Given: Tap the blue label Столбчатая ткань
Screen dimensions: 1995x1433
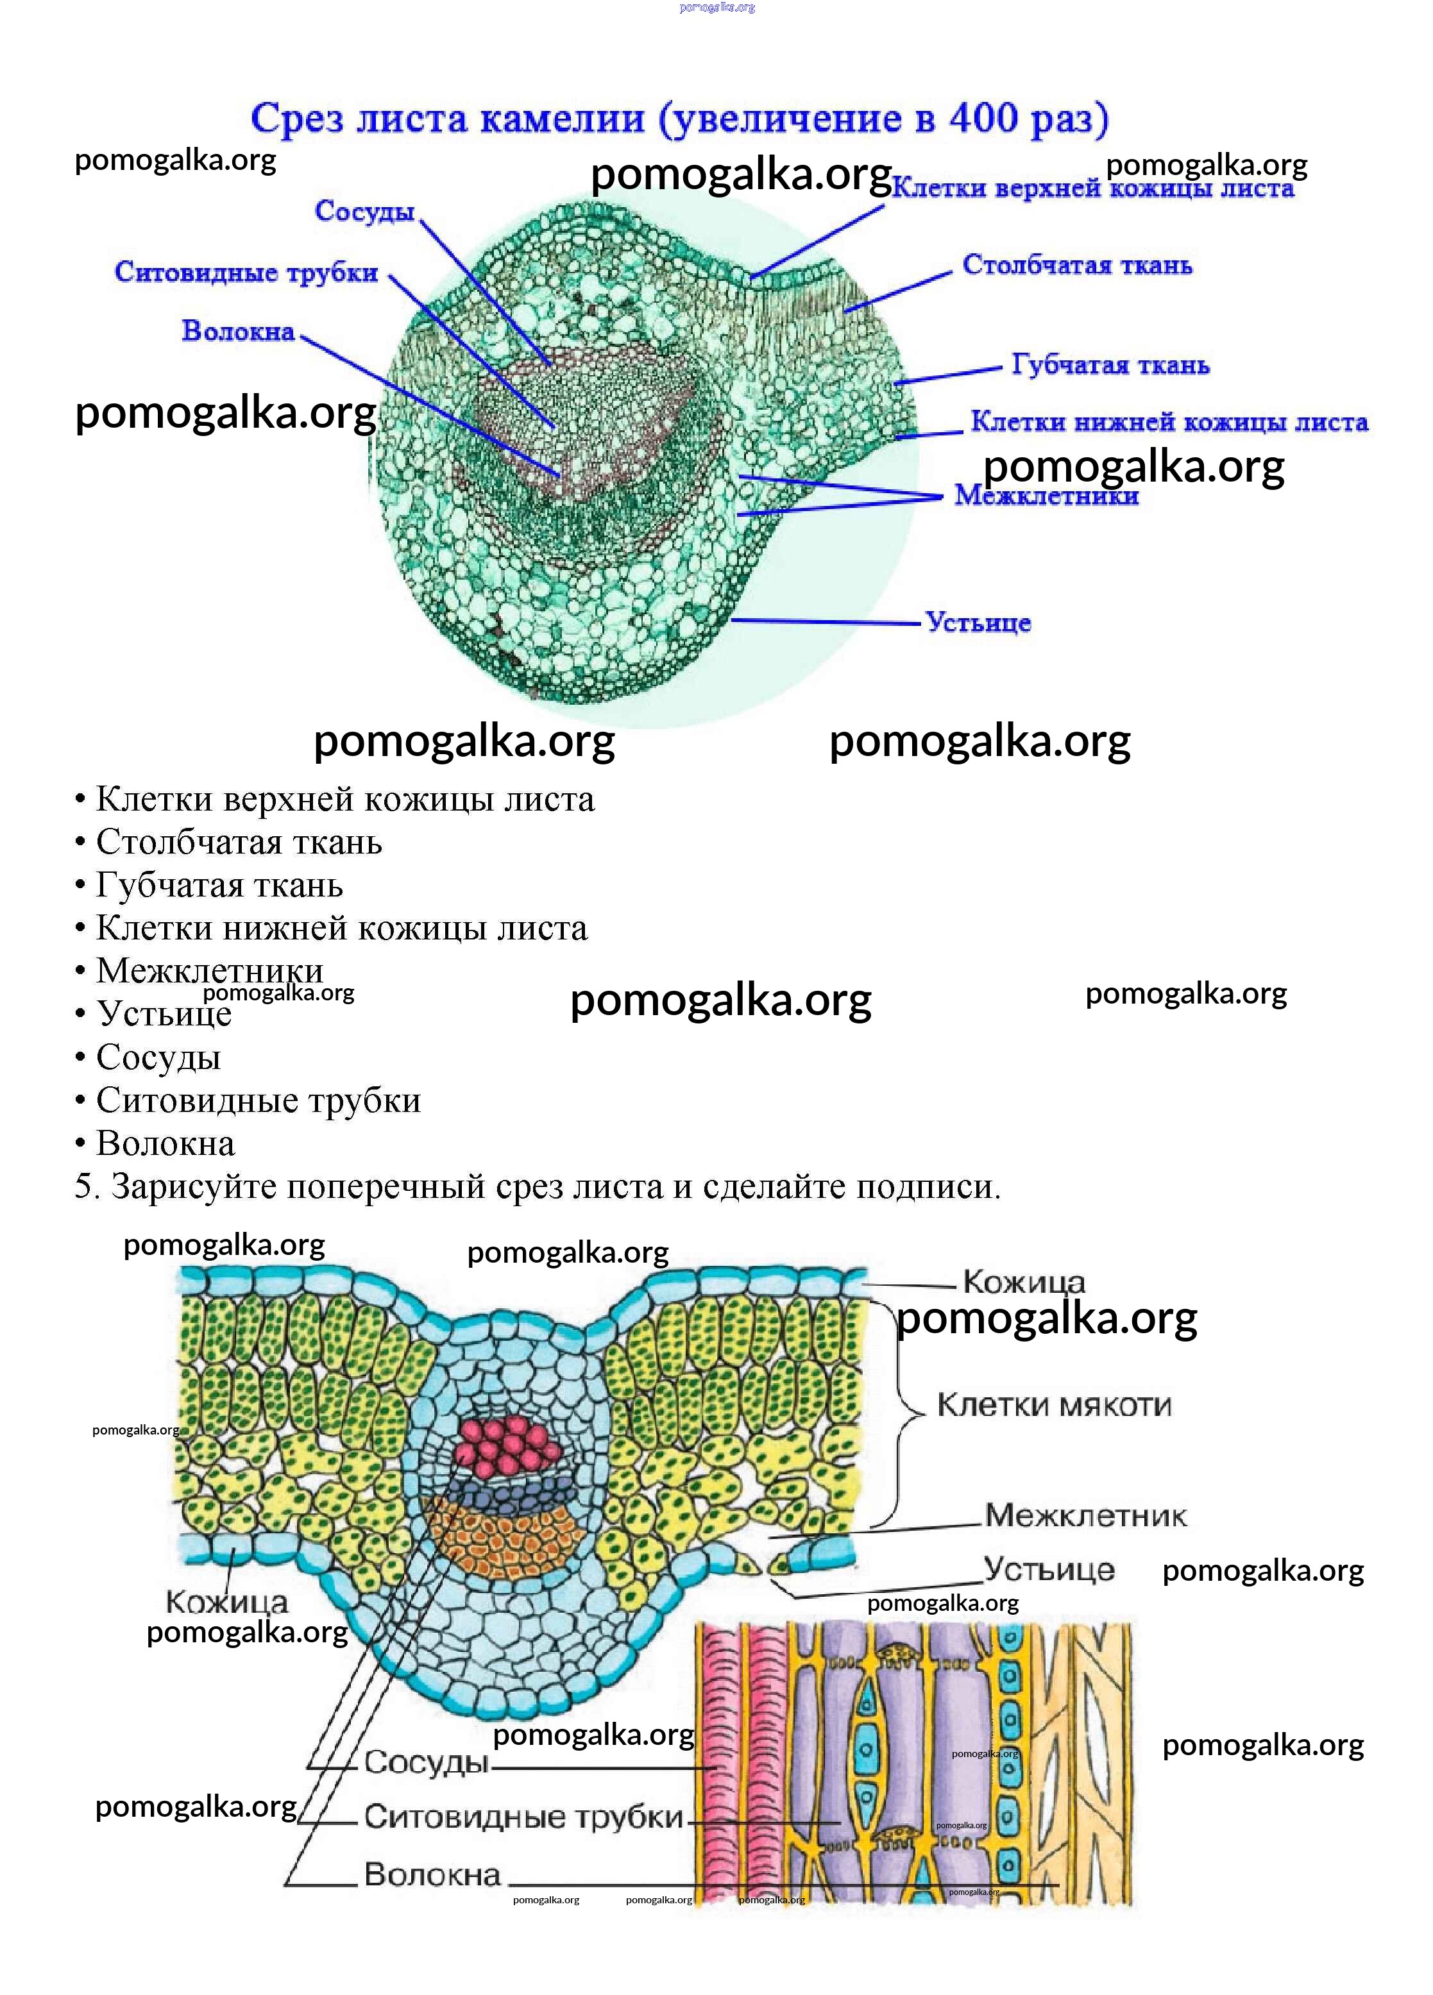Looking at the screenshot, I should [1077, 265].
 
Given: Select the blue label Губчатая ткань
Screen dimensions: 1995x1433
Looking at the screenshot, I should [1110, 364].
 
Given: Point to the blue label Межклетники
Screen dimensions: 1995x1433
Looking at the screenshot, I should [1047, 496].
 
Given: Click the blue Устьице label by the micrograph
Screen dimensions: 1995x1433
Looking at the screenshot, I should [978, 623].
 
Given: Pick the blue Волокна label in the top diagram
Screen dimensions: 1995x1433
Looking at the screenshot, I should [237, 331].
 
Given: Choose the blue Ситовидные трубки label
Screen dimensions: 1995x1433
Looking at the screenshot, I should [246, 273].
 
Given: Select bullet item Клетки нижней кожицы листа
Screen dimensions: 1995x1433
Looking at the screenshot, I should [341, 928].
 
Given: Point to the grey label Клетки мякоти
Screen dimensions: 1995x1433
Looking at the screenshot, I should [1054, 1405].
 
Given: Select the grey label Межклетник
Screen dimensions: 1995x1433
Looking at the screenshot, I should [1085, 1515].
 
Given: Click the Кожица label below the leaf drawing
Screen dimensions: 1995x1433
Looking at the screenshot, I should [227, 1602].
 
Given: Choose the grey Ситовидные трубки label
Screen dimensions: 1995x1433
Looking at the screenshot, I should [523, 1817].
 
